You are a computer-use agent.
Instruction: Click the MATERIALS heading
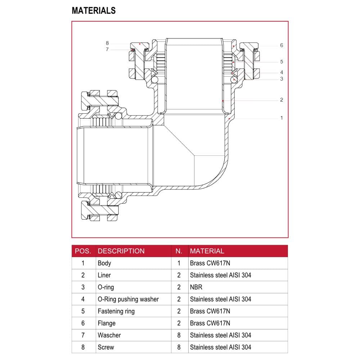(94, 10)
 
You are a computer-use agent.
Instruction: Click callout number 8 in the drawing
(107, 43)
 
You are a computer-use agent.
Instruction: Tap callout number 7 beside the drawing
(107, 49)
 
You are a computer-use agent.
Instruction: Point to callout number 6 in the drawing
(282, 45)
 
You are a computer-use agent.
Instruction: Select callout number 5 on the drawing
(282, 62)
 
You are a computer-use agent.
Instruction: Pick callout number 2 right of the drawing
(282, 100)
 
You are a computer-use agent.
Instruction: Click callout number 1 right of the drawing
(282, 118)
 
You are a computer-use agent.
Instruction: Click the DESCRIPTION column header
(121, 251)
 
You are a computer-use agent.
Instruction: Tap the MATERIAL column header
(207, 251)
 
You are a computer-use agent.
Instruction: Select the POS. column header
(83, 251)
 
